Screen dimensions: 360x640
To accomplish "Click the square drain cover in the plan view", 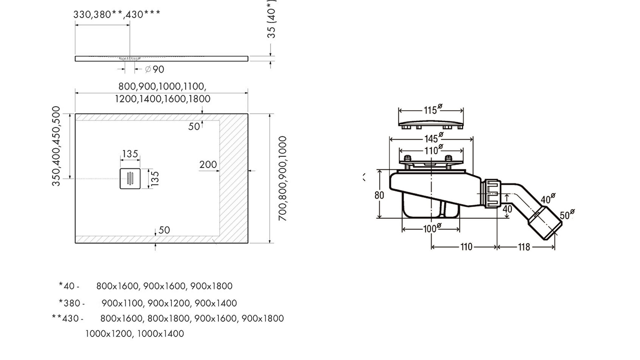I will [130, 178].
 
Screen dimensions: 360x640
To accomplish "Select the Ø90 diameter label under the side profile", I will [154, 69].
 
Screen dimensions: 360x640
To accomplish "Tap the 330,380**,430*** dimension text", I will [116, 14].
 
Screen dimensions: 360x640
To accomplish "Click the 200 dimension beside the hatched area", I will [208, 165].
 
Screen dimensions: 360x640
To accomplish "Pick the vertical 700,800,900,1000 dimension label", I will [283, 179].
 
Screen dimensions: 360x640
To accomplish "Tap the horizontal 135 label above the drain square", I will [130, 154].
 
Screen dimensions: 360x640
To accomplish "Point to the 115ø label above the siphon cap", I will [431, 110].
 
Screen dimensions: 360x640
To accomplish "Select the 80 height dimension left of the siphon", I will [379, 195].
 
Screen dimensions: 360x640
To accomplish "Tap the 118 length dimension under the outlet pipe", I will [524, 247].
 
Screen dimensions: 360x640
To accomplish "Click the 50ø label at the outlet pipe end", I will [567, 215].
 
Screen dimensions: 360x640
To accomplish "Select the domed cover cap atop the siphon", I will [431, 121].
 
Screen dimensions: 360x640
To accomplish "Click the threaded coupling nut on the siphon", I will [491, 193].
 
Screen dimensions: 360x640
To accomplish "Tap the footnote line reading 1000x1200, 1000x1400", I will [134, 334].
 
